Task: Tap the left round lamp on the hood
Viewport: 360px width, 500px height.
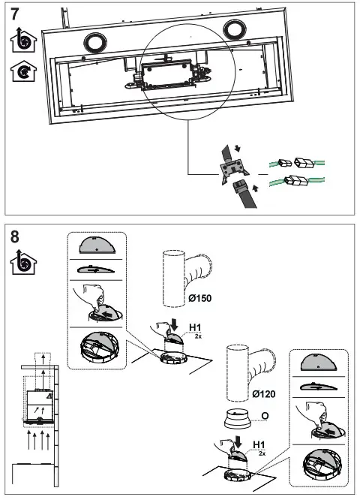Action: pyautogui.click(x=95, y=42)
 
